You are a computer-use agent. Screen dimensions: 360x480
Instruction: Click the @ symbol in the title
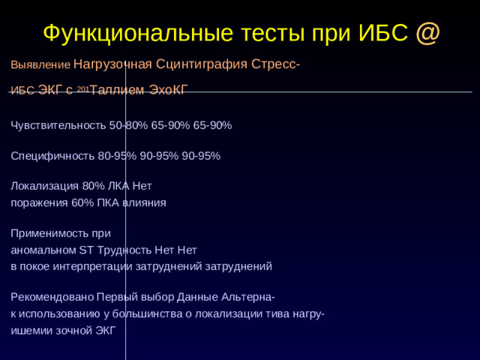(427, 32)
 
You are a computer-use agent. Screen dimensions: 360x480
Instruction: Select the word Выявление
(40, 65)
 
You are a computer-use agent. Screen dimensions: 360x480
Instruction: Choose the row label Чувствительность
(58, 125)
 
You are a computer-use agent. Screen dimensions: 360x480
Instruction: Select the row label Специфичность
(52, 156)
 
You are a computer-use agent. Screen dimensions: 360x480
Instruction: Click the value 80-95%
(117, 156)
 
